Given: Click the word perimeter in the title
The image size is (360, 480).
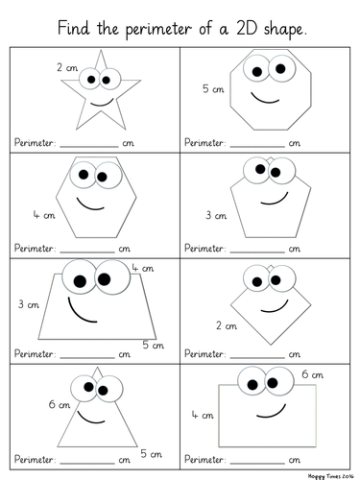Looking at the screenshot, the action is tap(158, 30).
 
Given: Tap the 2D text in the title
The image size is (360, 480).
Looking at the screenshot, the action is tap(247, 28).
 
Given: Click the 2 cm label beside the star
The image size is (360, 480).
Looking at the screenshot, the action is tap(67, 67).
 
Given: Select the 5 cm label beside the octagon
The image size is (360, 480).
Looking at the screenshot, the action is tap(213, 88).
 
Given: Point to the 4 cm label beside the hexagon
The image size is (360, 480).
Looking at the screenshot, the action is tap(44, 215).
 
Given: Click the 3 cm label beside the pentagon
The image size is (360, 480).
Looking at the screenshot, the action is tap(216, 215).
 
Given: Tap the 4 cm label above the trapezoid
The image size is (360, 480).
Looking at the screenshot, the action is tap(143, 268).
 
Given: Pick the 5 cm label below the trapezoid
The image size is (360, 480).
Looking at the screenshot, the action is tap(154, 345).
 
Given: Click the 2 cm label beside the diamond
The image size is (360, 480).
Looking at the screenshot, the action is tap(227, 325).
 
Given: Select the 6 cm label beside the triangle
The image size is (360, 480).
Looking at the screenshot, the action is tap(60, 404).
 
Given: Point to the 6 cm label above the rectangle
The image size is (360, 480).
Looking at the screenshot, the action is tap(312, 374).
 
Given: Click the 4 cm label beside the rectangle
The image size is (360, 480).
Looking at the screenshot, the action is tap(203, 415).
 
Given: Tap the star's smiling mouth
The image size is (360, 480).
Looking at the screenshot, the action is tap(102, 103).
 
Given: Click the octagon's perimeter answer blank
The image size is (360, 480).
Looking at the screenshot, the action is tap(257, 147).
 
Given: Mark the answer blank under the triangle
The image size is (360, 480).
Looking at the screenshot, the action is tap(87, 463).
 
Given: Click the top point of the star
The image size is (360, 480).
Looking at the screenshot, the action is tap(101, 50).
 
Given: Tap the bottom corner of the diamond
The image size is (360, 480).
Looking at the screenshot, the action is tap(271, 345).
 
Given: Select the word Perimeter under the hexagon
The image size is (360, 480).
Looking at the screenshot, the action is tap(35, 249).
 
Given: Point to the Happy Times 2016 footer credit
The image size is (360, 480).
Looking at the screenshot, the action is tap(331, 476).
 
